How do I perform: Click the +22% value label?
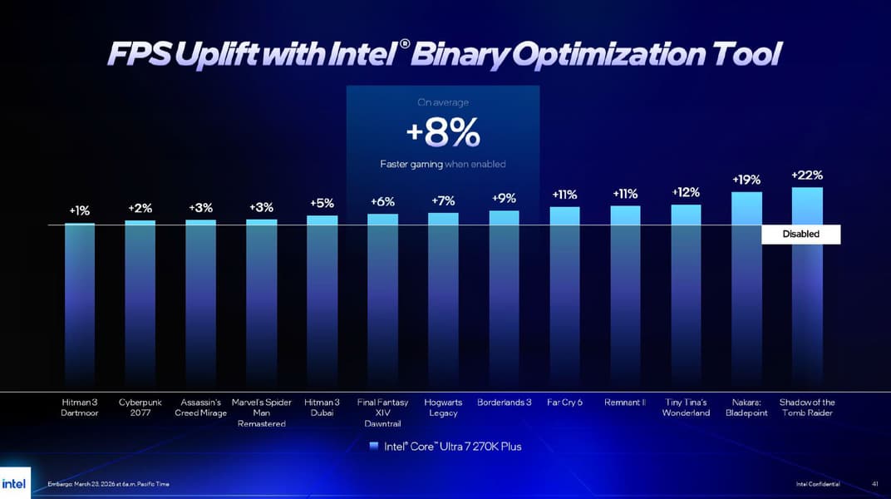tap(807, 175)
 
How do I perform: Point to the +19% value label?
tap(746, 180)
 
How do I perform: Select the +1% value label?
tap(80, 211)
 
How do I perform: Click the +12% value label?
tap(686, 192)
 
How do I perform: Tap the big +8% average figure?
tap(443, 132)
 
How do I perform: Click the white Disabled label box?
tap(800, 235)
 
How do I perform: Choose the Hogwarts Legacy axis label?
tap(443, 408)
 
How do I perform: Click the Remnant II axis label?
tap(625, 403)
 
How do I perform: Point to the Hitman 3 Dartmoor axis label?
tap(80, 408)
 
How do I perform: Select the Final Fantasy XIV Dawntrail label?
tap(382, 413)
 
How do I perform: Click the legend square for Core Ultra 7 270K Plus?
tap(374, 447)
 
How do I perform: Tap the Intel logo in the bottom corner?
tap(14, 483)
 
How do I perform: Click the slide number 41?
tap(875, 484)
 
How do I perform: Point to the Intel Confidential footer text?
tap(817, 484)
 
